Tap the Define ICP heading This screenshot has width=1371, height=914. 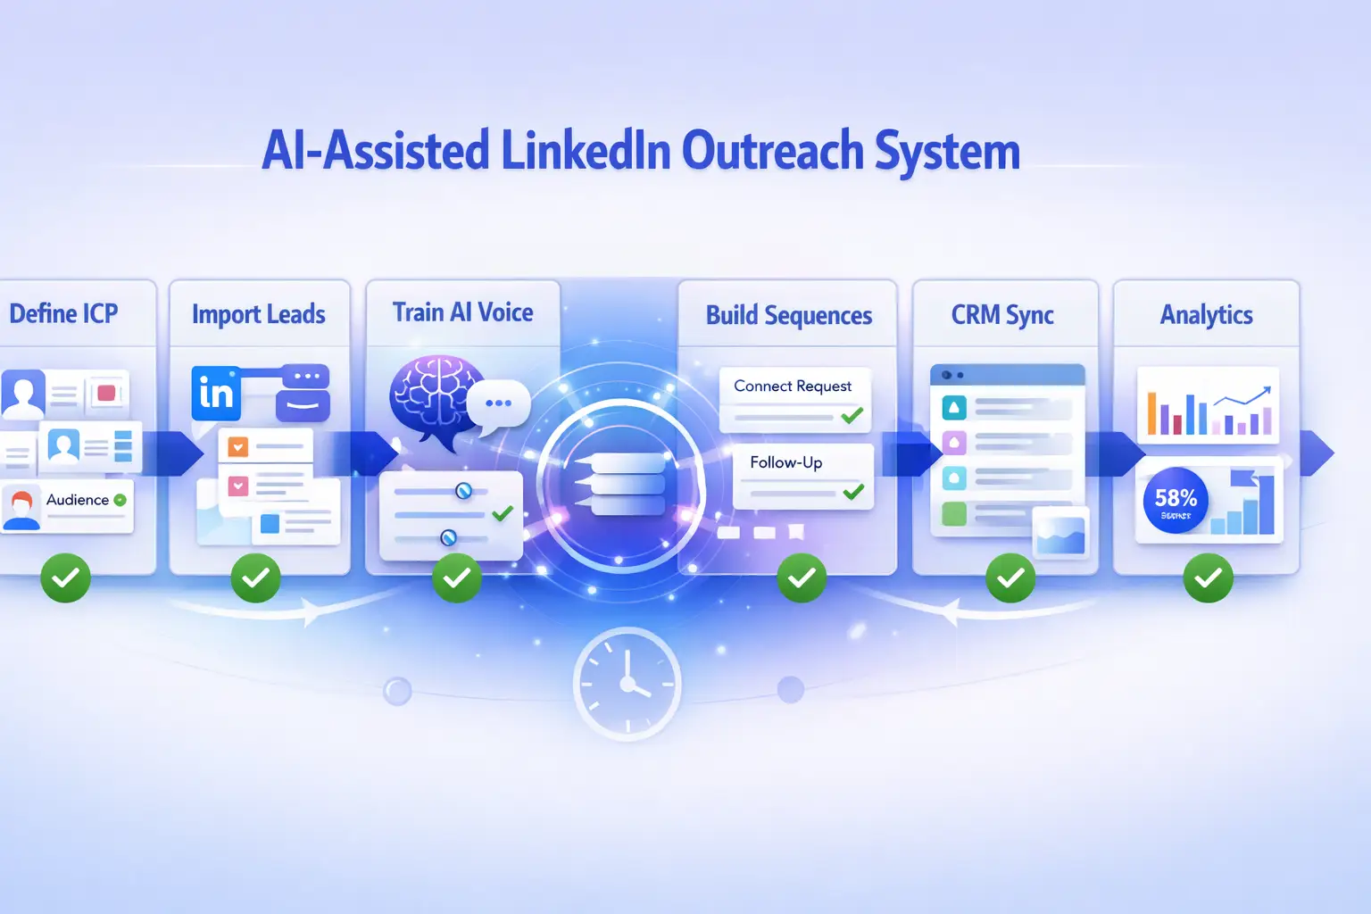pos(63,314)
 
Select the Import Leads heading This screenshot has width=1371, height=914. pos(258,315)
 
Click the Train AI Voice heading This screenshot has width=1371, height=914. pos(462,312)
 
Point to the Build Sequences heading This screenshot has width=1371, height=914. pos(788,316)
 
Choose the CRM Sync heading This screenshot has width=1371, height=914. pos(1002,315)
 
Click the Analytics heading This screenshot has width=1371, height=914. pos(1206,315)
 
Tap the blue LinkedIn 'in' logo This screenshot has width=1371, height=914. pos(216,393)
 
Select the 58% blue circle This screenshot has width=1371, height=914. pos(1176,500)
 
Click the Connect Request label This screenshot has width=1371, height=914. pos(793,386)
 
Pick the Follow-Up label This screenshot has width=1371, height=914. pos(785,462)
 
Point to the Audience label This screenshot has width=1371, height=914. pos(78,500)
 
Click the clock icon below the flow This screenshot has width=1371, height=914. pos(627,684)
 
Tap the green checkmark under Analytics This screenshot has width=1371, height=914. pos(1208,578)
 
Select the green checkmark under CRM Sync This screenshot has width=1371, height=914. pos(1010,578)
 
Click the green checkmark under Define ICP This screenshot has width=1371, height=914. pos(66,578)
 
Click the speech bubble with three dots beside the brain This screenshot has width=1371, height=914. pos(498,403)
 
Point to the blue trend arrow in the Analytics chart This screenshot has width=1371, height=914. pos(1244,397)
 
